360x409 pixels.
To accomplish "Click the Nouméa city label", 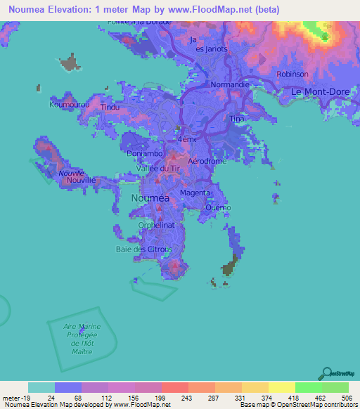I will point(150,198).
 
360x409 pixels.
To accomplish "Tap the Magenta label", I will point(194,193).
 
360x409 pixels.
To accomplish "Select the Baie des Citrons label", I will point(139,249).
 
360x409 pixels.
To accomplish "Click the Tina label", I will point(237,119).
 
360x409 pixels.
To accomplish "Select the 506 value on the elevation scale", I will point(347,398).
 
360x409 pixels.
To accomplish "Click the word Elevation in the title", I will point(73,8).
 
